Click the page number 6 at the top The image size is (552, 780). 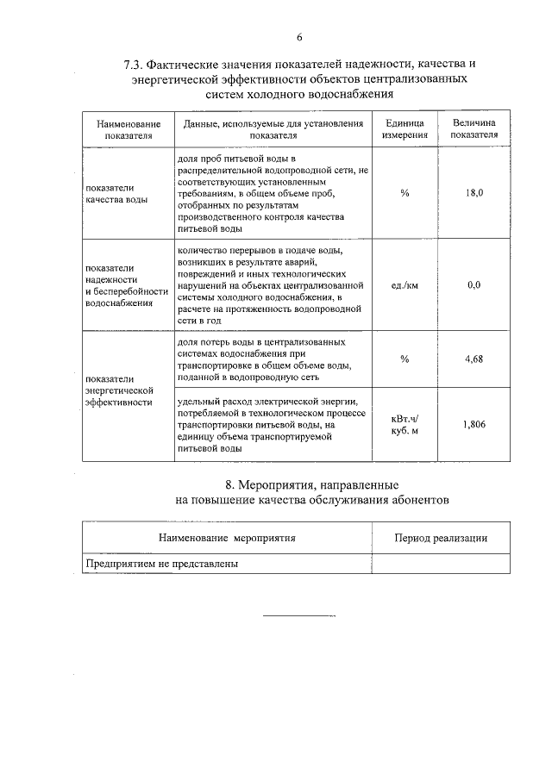[x=299, y=36]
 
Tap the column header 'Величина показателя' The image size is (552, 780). [x=474, y=129]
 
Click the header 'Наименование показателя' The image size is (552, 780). [x=129, y=129]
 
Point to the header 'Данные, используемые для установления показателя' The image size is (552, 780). [x=273, y=129]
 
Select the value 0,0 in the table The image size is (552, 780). [x=474, y=284]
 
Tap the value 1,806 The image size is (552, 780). [x=474, y=424]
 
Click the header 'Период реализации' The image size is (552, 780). [x=440, y=538]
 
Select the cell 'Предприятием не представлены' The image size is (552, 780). [x=161, y=564]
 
